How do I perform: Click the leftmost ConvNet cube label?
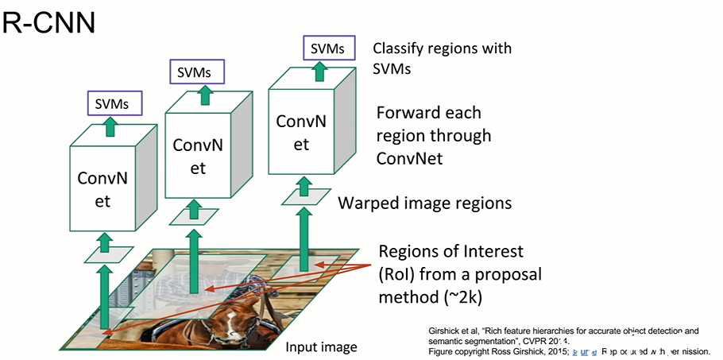pos(101,189)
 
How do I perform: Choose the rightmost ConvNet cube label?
pos(301,133)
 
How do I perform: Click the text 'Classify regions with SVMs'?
pos(443,58)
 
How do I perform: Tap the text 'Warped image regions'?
pos(424,203)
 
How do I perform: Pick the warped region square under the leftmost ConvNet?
pos(105,254)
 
